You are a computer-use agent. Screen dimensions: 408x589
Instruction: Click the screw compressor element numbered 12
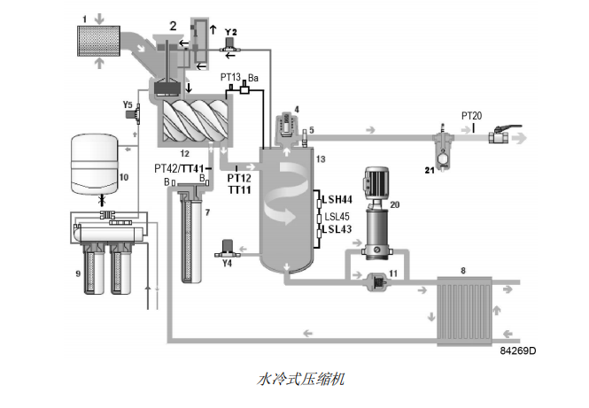194,121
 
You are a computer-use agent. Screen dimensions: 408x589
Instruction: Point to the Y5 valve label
128,104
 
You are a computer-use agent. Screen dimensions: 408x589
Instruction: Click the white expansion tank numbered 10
93,164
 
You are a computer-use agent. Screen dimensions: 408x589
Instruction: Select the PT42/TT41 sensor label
180,168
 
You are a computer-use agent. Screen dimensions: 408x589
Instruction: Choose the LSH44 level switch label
338,197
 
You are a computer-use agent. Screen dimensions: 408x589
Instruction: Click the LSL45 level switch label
338,215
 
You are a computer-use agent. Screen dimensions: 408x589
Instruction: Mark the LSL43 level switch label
338,230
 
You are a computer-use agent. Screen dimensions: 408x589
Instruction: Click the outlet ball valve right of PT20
506,136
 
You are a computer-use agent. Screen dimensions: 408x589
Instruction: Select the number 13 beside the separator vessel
321,158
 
